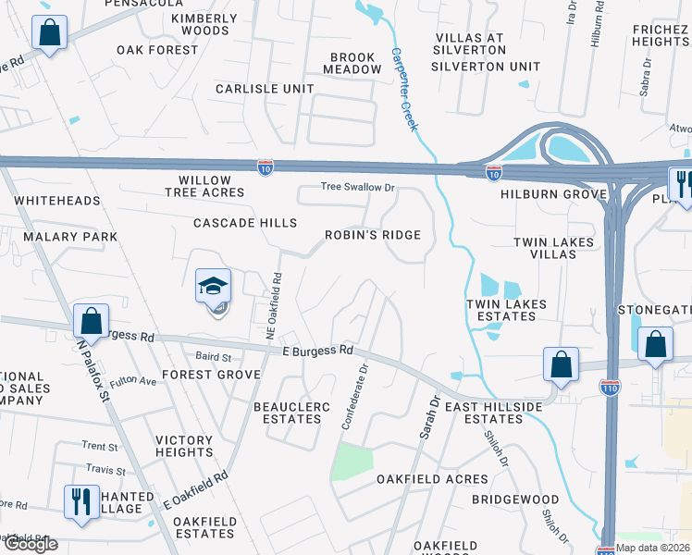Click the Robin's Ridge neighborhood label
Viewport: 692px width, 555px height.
pos(373,235)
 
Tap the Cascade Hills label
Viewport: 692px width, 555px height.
pos(245,223)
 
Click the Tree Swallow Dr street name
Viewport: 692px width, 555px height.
pos(358,187)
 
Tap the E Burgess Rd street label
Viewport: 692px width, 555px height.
pos(318,351)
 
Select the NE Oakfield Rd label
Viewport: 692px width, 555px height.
pos(275,304)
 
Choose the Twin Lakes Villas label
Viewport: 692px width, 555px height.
pos(553,248)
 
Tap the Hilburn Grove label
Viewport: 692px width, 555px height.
pos(553,194)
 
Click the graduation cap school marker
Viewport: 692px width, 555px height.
pos(213,286)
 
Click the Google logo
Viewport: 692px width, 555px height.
pos(30,544)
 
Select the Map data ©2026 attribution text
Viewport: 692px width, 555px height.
pos(653,548)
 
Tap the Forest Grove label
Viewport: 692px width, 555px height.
pos(212,375)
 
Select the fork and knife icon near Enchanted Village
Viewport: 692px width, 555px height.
pos(81,502)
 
